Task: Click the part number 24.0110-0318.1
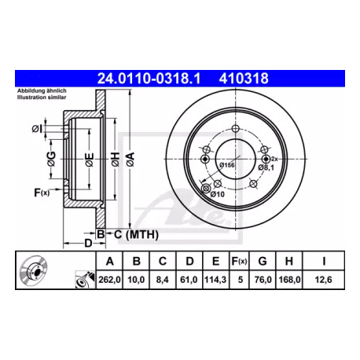click(149, 79)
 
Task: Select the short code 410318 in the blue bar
click(244, 79)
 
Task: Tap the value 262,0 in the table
click(109, 280)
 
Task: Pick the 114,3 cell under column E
click(215, 280)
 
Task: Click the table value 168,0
click(289, 280)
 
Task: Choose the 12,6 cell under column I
click(323, 280)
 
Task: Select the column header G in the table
click(263, 261)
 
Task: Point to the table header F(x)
click(239, 261)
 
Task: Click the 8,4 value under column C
click(163, 280)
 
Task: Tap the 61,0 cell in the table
click(189, 280)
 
